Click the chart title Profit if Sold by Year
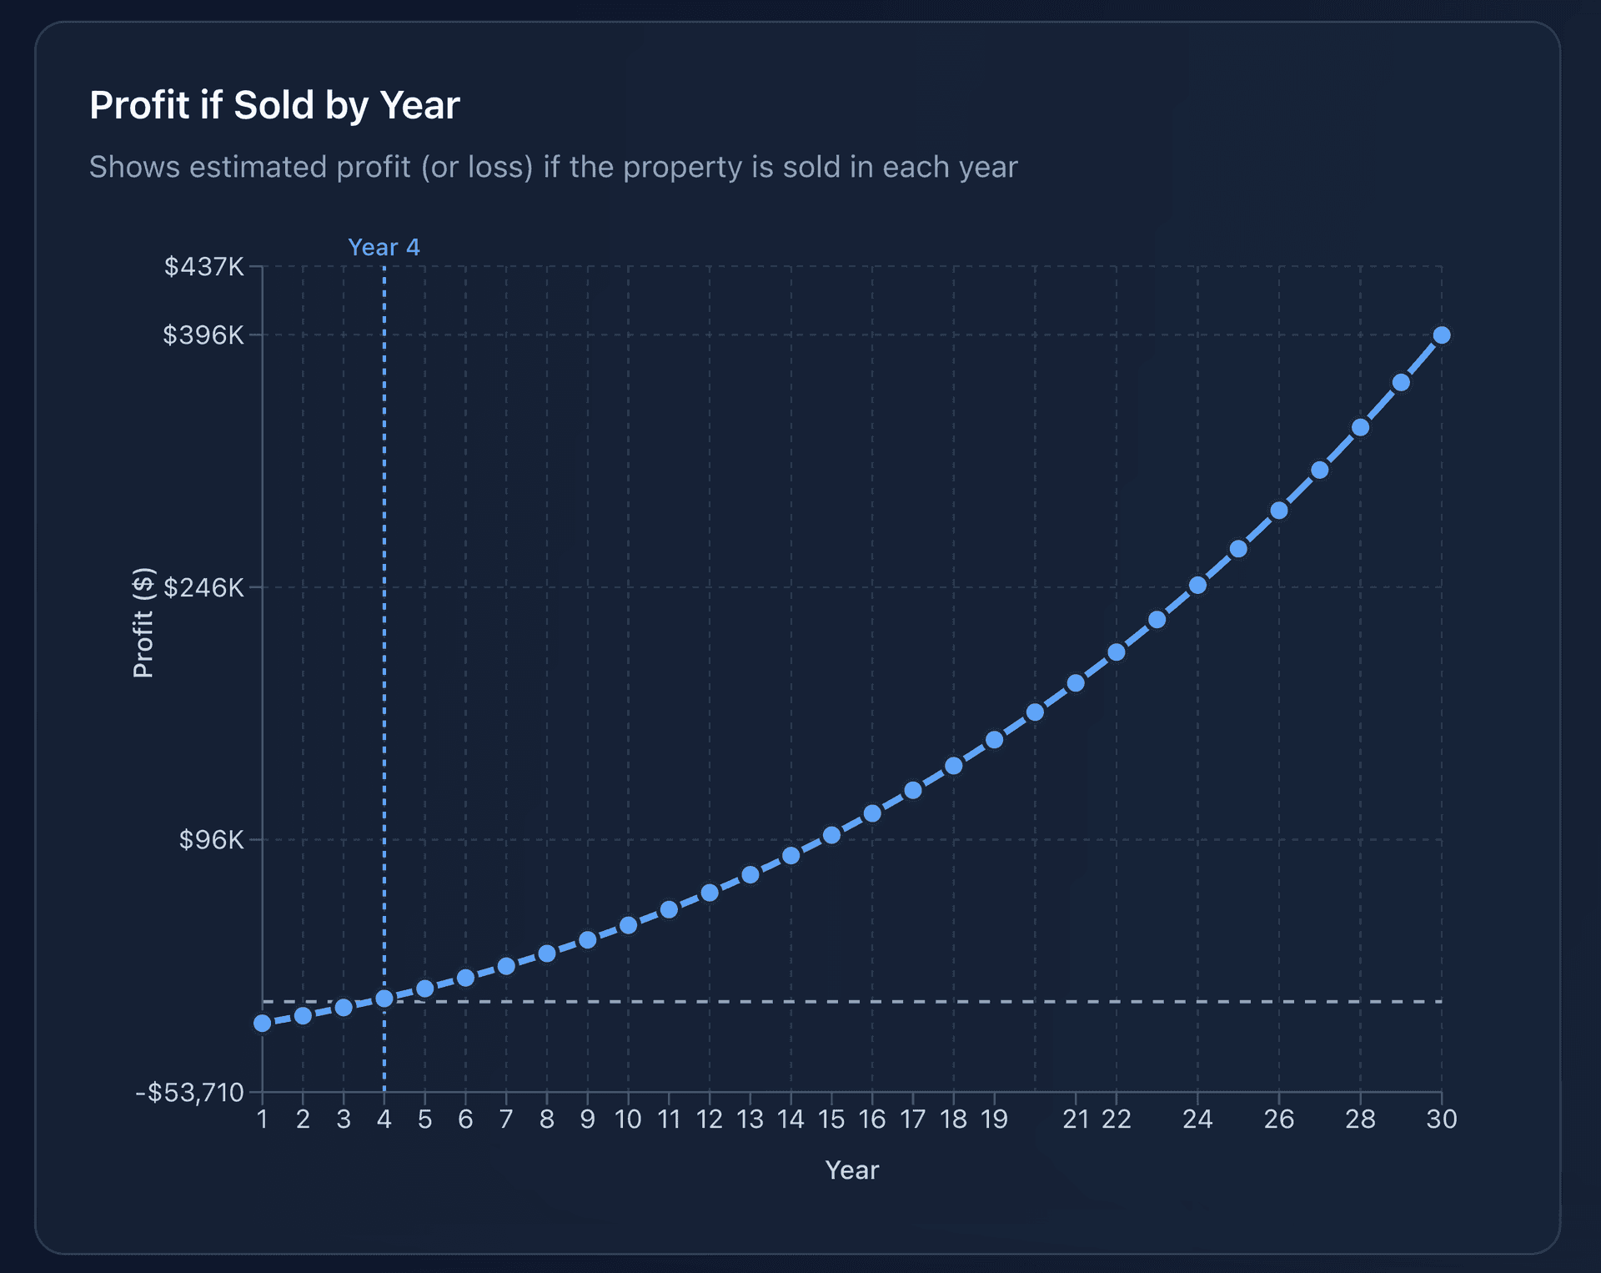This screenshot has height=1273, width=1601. (x=274, y=106)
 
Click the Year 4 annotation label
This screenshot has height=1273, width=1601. (x=384, y=248)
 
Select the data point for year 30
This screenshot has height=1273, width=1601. (x=1442, y=335)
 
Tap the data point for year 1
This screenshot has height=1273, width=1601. (x=263, y=1024)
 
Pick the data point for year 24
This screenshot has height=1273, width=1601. (x=1197, y=586)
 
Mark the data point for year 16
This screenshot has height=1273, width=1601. (x=872, y=813)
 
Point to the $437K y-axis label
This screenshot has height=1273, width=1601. (x=204, y=267)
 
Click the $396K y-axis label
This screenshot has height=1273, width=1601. (x=203, y=335)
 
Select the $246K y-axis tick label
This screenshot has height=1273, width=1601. (x=203, y=588)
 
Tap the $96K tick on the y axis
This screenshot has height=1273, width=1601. (x=212, y=840)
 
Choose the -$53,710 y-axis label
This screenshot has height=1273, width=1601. (x=190, y=1093)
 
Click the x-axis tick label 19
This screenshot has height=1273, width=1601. (x=994, y=1120)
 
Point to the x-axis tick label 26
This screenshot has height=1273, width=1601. (x=1278, y=1120)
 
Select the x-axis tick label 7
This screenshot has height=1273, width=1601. (x=506, y=1120)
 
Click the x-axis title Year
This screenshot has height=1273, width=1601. (x=851, y=1170)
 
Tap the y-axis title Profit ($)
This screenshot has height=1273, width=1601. (x=143, y=622)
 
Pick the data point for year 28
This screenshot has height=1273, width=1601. (x=1360, y=428)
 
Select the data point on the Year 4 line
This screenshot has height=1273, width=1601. (x=384, y=999)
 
